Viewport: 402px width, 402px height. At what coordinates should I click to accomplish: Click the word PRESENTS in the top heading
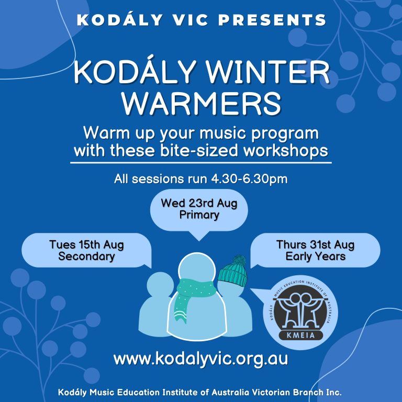click(x=272, y=20)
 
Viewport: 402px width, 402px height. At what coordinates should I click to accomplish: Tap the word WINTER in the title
click(x=267, y=72)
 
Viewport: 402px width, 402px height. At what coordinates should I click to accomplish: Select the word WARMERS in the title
click(x=201, y=103)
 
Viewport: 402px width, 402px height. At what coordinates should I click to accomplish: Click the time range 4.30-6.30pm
click(x=249, y=178)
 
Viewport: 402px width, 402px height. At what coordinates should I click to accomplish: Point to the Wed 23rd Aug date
click(x=199, y=203)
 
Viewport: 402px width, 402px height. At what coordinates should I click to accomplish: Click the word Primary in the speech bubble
click(x=199, y=215)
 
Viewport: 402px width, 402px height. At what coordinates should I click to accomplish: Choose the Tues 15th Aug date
click(x=86, y=244)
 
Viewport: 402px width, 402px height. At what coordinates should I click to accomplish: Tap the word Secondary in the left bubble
click(x=86, y=256)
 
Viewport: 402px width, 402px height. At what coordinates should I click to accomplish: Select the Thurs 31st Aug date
click(x=315, y=244)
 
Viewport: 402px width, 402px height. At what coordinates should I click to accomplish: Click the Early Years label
click(x=315, y=256)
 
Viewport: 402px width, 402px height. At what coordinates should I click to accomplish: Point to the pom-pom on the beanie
click(x=239, y=260)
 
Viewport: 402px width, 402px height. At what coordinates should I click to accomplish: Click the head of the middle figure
click(x=197, y=269)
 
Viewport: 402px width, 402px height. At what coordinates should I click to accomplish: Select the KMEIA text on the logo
click(x=300, y=334)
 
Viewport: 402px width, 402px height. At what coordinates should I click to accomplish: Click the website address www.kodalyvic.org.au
click(x=201, y=359)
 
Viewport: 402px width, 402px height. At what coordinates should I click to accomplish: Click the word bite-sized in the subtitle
click(x=199, y=151)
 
